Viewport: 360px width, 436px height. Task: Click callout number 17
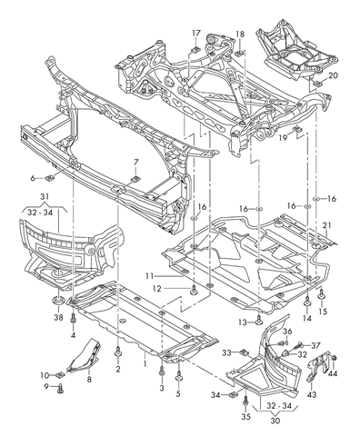click(x=196, y=34)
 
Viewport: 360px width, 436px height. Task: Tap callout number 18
click(x=240, y=34)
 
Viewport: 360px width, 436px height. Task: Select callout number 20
click(x=333, y=75)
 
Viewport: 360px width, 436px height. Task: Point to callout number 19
click(x=283, y=138)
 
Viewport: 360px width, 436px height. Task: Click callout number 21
click(x=327, y=225)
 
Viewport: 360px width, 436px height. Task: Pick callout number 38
click(x=58, y=317)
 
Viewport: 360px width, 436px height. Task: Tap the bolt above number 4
click(x=73, y=319)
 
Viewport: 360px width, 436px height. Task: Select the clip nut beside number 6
click(x=49, y=178)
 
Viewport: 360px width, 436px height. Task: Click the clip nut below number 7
click(x=135, y=179)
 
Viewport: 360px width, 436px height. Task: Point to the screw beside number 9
click(x=61, y=388)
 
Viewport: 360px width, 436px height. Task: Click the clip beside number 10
click(x=60, y=375)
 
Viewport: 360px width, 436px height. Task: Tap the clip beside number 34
click(x=234, y=394)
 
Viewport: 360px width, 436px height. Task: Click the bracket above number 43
click(x=319, y=367)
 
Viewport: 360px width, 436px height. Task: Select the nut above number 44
click(x=335, y=359)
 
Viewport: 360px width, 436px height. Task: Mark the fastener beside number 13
click(x=258, y=320)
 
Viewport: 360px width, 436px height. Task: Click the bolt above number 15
click(x=321, y=295)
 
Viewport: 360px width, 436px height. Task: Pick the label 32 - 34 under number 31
click(x=40, y=213)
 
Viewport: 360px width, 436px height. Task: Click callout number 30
click(x=275, y=421)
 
